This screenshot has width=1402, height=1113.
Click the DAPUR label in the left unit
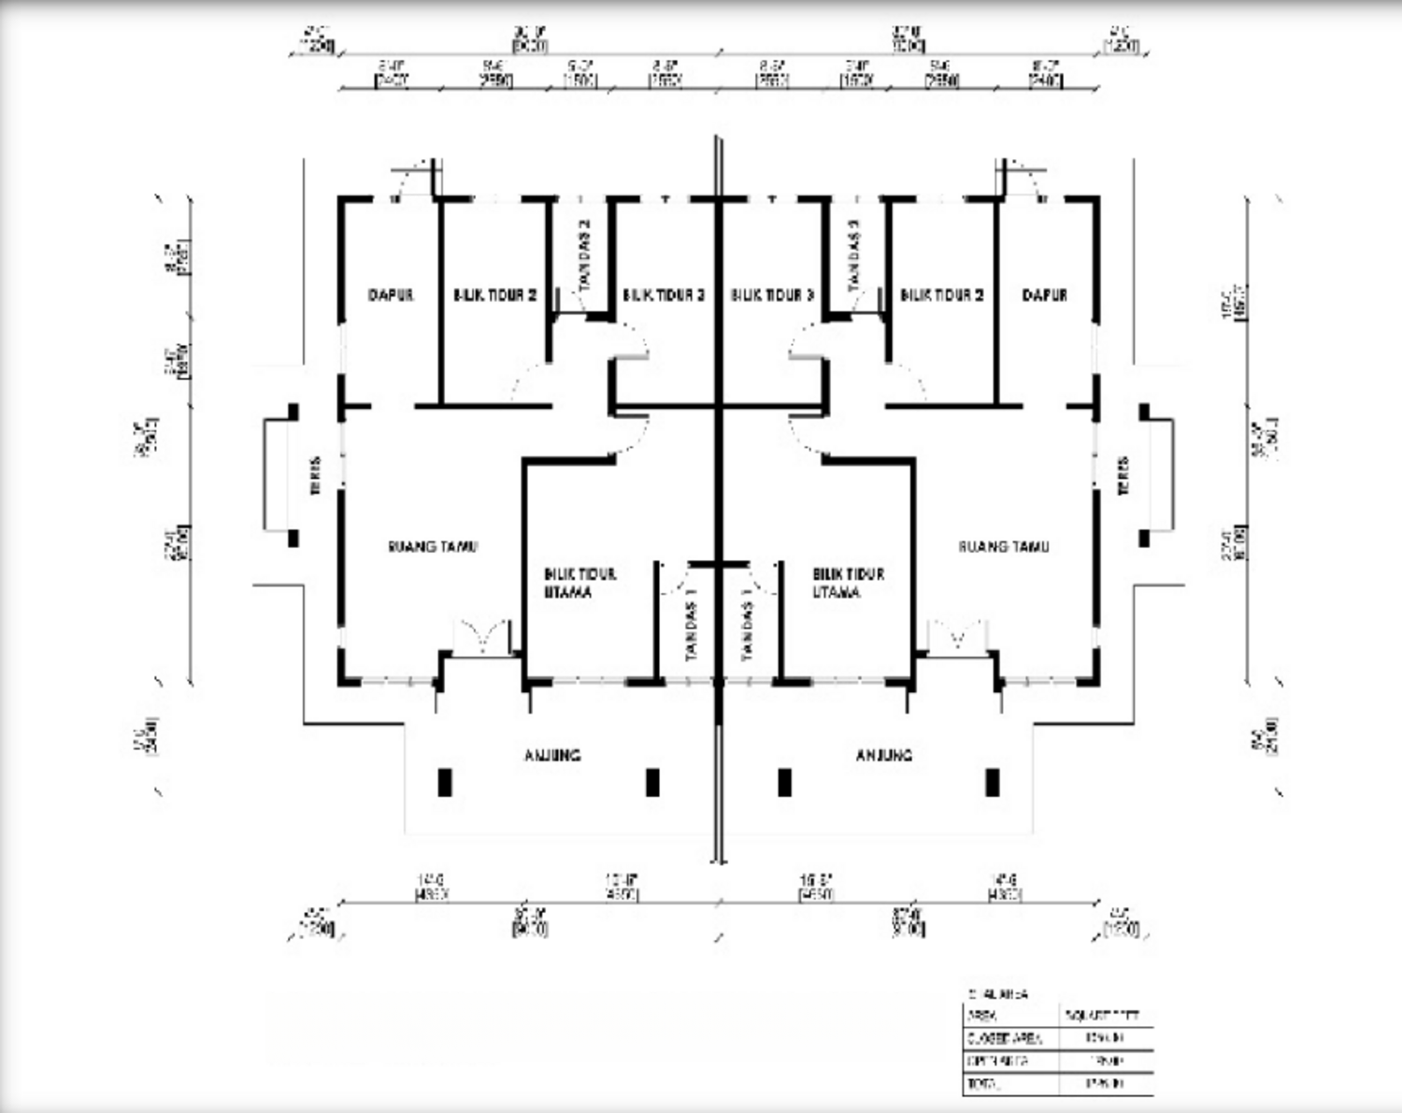pos(391,295)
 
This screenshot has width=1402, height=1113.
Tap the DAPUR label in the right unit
pos(1044,295)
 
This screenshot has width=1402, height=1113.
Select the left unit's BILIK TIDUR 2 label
pos(494,295)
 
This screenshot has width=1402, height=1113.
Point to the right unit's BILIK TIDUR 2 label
pos(941,295)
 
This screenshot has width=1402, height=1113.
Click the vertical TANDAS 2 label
pos(585,253)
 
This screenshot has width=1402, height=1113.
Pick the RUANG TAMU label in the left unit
pos(433,546)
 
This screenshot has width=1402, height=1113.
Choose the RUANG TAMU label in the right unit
pos(1003,546)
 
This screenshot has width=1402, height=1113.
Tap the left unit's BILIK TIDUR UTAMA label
pos(579,583)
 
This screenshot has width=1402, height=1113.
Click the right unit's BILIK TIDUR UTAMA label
pos(848,583)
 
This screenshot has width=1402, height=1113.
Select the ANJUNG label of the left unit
pos(551,755)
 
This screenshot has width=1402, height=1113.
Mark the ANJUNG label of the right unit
pos(883,755)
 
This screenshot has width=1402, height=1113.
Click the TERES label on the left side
pos(316,475)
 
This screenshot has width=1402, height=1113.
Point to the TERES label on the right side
pos(1123,475)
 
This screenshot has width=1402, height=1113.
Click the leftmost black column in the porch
pos(445,782)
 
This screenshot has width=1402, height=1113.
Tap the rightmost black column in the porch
pos(992,782)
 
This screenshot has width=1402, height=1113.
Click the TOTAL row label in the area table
pos(984,1084)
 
